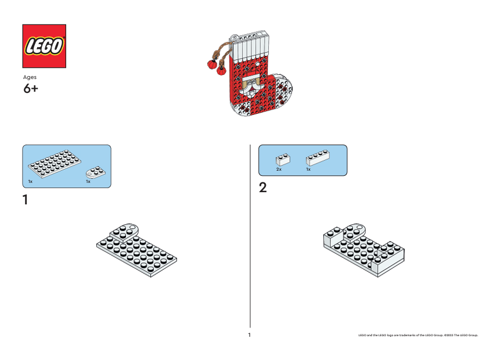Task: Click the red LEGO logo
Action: tap(44, 46)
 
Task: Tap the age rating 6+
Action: tap(31, 89)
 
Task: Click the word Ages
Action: tap(30, 77)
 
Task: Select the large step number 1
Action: tap(25, 200)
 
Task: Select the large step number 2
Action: tap(262, 188)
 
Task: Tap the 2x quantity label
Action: tap(279, 170)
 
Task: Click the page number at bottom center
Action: tap(249, 335)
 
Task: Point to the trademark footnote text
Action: tap(418, 335)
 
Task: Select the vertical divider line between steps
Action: tap(250, 232)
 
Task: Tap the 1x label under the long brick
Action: tap(308, 170)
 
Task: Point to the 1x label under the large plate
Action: tap(31, 182)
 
